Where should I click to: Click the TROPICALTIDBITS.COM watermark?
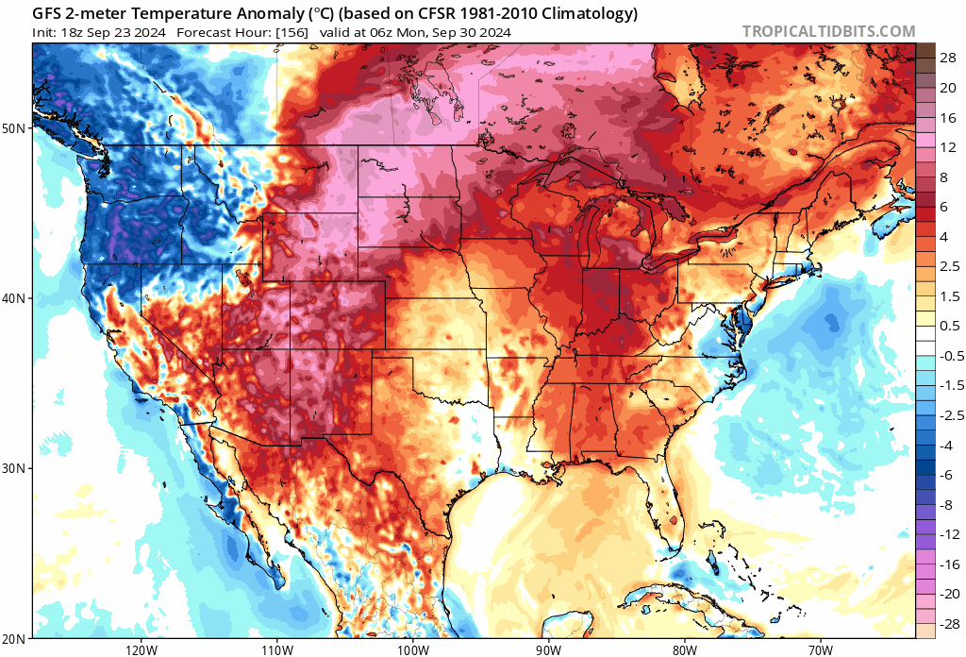pos(828,31)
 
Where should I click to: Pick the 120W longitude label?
pos(141,649)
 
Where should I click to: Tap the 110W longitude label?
pos(276,649)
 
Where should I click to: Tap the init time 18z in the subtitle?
pos(73,32)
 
